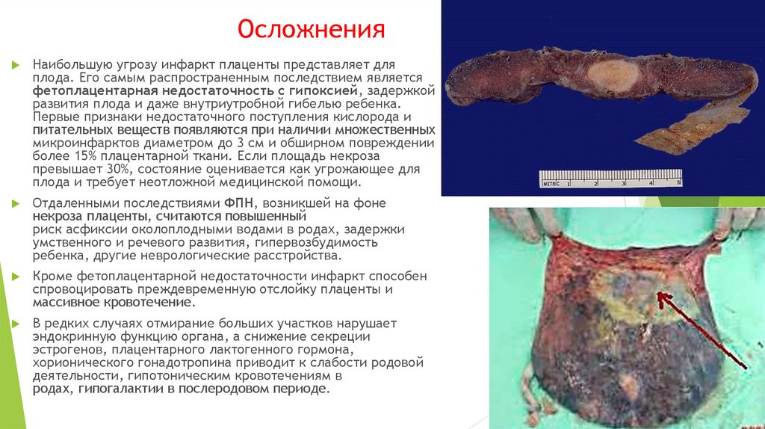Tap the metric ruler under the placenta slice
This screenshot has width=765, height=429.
pos(610,179)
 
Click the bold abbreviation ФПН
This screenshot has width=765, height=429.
pos(240,203)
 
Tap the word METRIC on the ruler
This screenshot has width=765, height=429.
pos(552,182)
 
